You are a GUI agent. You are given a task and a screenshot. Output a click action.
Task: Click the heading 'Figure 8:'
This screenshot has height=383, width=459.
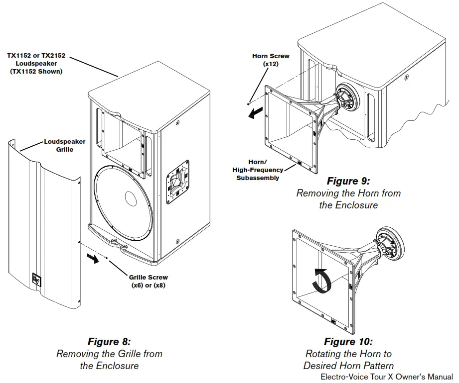click(109, 342)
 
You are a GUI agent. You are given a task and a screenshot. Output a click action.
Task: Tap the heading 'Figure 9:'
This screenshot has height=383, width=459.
click(348, 181)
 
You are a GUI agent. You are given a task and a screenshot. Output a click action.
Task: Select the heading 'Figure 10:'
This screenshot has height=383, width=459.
click(348, 342)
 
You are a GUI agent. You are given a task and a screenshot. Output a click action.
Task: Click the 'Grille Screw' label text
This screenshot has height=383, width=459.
click(149, 277)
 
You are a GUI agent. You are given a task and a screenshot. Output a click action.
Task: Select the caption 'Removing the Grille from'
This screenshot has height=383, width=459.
click(109, 354)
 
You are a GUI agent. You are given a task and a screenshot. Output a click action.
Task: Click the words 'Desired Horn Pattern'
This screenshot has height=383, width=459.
click(348, 366)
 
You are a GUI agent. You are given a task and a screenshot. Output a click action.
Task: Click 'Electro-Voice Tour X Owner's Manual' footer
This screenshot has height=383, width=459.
click(387, 377)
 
